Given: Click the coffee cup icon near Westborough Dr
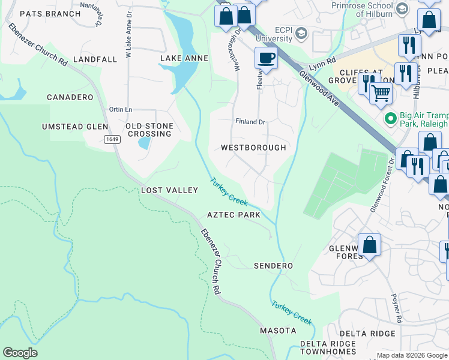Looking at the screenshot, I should click(x=266, y=58).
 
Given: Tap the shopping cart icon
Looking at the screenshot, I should click(x=381, y=93).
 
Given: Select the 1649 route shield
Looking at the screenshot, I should click(x=110, y=139).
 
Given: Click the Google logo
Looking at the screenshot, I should click(x=20, y=353).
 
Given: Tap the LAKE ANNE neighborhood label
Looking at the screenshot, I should click(x=184, y=58).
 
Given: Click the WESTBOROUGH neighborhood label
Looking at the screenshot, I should click(x=253, y=147).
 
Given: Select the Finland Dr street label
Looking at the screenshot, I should click(x=250, y=122).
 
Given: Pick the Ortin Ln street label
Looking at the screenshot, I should click(x=120, y=109).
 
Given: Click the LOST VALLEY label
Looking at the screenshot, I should click(x=169, y=190).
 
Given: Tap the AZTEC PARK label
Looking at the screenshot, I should click(x=234, y=215).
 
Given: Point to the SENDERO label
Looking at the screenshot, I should click(x=273, y=266).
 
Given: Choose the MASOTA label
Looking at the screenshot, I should click(x=278, y=331).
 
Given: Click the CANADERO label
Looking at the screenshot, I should click(x=70, y=97).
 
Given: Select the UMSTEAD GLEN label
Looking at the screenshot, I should click(x=74, y=127).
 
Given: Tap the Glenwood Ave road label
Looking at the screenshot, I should click(x=318, y=91).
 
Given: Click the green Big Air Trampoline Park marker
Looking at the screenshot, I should click(x=390, y=119).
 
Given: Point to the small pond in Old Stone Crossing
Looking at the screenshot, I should click(x=144, y=143).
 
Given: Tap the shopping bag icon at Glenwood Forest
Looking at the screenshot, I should click(x=370, y=245).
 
